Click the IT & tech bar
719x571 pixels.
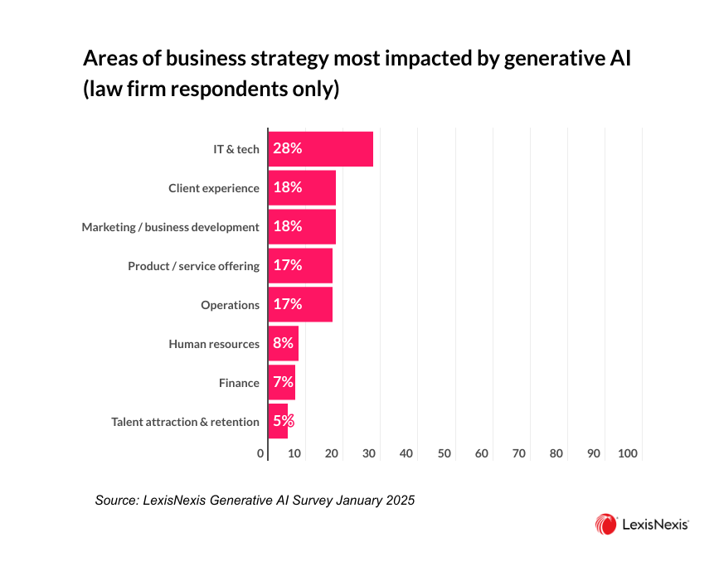[320, 149]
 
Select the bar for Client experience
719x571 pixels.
[302, 188]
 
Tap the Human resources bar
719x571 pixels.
[283, 344]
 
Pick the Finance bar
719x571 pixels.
[281, 383]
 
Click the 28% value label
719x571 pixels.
[288, 149]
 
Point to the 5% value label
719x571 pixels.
[284, 422]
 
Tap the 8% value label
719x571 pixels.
[284, 344]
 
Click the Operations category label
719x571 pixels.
[230, 305]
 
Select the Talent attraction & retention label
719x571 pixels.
[185, 422]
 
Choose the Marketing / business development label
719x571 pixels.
[170, 227]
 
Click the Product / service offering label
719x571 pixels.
[193, 266]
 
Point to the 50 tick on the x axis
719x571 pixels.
[444, 454]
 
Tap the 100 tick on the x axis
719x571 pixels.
[628, 454]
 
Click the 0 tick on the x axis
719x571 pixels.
[260, 454]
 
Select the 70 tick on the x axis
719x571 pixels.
[519, 454]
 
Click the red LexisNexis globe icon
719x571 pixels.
[605, 524]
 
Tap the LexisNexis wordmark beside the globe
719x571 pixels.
[656, 525]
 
